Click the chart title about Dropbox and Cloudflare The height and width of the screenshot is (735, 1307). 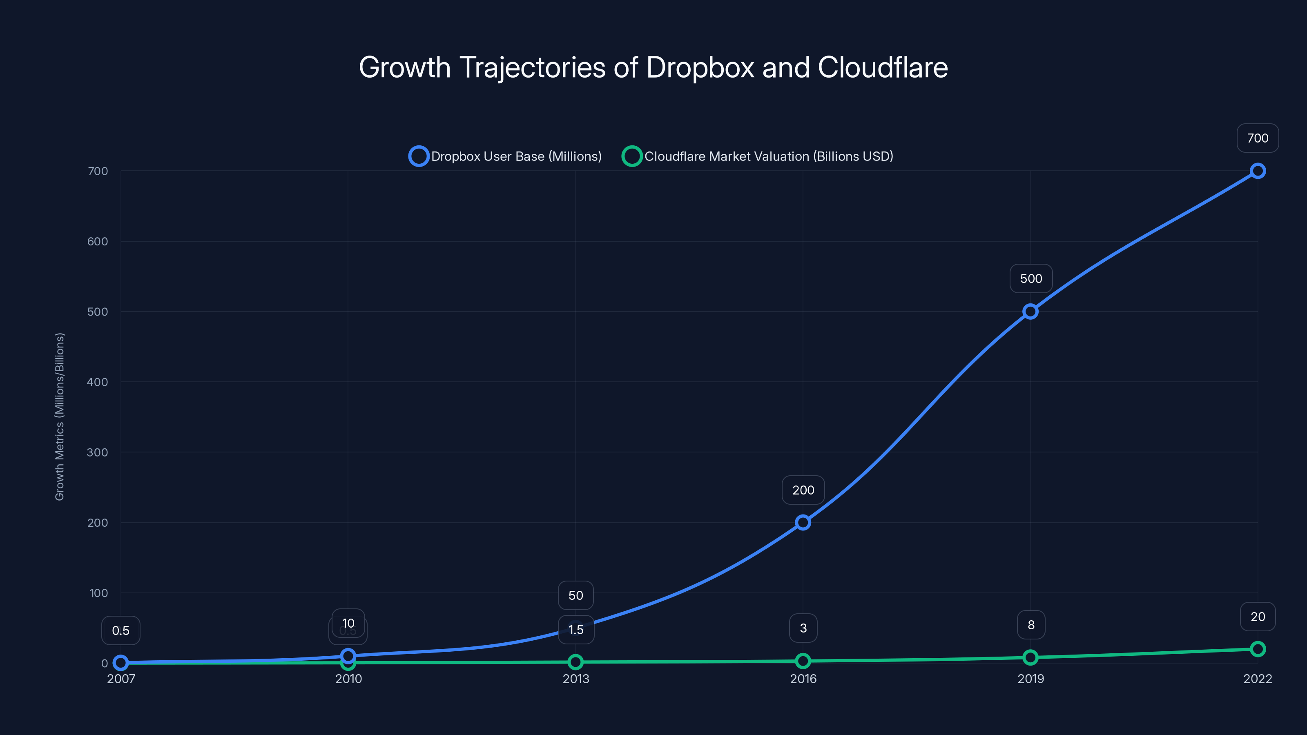point(653,67)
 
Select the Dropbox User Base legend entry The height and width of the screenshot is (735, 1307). point(505,156)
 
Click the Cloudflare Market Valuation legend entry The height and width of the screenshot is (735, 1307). point(758,156)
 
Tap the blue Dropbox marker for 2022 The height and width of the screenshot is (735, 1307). point(1257,171)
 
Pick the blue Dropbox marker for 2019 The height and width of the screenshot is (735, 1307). point(1030,312)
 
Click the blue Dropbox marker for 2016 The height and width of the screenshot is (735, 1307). point(803,523)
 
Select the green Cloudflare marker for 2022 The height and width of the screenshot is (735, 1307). point(1257,649)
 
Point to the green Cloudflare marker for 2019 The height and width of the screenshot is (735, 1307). point(1030,657)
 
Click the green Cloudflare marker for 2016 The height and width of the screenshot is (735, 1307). point(803,661)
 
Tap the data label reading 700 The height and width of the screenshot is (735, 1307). point(1257,138)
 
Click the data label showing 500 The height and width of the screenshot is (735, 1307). point(1030,278)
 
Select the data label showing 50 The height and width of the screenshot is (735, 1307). point(575,595)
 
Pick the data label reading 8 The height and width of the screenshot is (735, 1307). point(1030,625)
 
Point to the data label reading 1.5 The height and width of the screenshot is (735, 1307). point(575,630)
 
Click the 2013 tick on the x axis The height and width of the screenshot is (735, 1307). point(575,679)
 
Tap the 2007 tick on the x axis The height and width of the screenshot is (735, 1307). point(121,679)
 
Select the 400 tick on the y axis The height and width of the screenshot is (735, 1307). point(98,382)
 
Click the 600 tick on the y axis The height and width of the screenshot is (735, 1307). point(98,241)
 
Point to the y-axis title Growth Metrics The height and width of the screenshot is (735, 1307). point(59,416)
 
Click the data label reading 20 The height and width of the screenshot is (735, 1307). point(1257,617)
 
